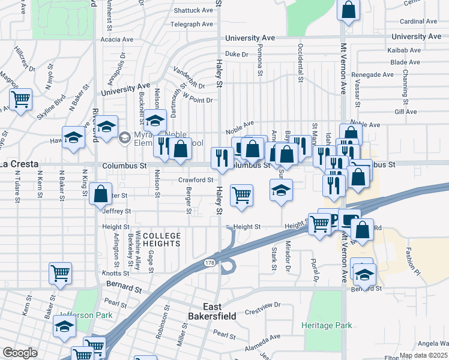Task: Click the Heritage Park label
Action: [327, 325]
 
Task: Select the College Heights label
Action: [161, 240]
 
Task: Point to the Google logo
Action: [20, 352]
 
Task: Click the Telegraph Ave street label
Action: [191, 25]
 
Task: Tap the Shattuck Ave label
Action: [193, 11]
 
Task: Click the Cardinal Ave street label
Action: [418, 21]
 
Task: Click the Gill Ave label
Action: [406, 112]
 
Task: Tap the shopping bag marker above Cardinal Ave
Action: [348, 10]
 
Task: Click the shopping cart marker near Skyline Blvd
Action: [21, 99]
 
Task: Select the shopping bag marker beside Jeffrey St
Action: [100, 194]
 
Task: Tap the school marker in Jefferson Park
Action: [64, 328]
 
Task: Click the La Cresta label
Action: [19, 164]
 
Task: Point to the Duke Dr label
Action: [237, 54]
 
